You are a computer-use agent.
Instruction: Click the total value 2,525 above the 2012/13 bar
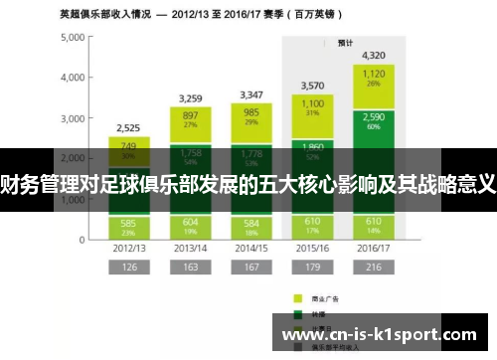pos(128,127)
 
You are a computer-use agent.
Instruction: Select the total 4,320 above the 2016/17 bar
pos(374,56)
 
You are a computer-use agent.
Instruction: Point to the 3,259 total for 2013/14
pos(190,98)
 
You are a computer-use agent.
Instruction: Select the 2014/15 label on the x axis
pos(251,247)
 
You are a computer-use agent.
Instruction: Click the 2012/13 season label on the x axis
pos(128,247)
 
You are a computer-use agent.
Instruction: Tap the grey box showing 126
pos(128,267)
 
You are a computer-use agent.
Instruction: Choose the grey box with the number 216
pos(374,267)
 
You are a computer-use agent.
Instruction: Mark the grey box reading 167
pos(251,267)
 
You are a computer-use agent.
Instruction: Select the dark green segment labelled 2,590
pos(374,120)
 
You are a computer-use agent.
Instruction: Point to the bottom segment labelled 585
pos(128,226)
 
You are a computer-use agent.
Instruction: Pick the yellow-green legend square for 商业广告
pos(296,297)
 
